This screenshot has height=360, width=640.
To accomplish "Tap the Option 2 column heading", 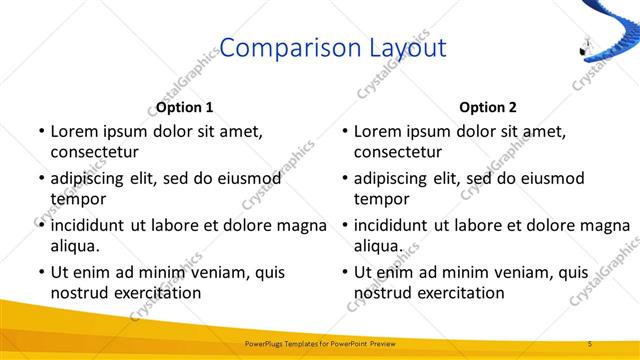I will coord(489,107).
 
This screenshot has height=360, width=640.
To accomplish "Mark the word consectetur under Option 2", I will coord(397,152).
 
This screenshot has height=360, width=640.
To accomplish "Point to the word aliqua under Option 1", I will coord(74,245).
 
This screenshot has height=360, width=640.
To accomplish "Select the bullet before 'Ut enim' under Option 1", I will coord(40,271).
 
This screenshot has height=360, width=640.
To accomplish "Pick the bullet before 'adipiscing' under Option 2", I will coord(344,178).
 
